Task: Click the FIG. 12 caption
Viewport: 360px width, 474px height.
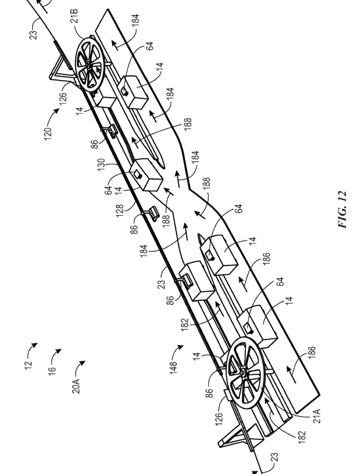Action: (x=342, y=210)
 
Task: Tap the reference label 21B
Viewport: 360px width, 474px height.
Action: (x=74, y=16)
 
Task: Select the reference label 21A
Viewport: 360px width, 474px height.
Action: (x=316, y=416)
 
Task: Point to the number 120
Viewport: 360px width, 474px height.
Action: (x=48, y=133)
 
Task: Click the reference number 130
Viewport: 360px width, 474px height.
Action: (x=101, y=165)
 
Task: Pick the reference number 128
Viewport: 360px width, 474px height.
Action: (x=120, y=210)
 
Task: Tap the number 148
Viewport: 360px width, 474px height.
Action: (x=173, y=368)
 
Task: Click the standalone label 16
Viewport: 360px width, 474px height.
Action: (x=52, y=370)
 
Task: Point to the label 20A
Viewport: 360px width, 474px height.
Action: (x=76, y=385)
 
